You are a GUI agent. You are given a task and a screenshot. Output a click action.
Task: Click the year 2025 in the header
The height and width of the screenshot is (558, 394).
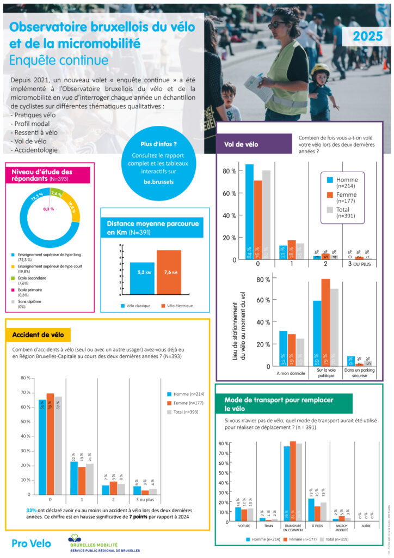click(367, 37)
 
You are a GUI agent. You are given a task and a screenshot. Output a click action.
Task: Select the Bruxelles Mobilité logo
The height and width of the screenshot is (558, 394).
click(103, 544)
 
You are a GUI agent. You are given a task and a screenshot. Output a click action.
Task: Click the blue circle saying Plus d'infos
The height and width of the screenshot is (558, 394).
click(158, 162)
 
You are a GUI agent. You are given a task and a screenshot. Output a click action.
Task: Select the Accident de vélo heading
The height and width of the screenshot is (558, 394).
click(38, 335)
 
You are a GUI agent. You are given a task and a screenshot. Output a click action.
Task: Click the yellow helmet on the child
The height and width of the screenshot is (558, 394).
click(320, 69)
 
